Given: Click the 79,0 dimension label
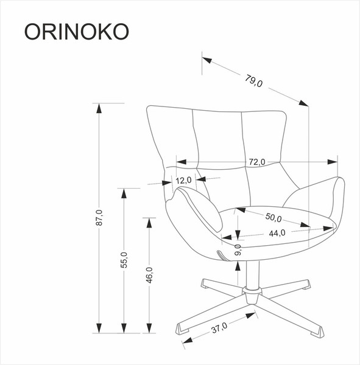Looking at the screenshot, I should tap(254, 80).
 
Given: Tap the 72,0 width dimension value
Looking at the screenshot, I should tap(256, 162).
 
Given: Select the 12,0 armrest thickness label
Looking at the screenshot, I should tap(184, 180).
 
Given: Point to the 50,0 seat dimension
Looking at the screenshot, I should tap(272, 218).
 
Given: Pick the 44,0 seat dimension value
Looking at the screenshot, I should tap(277, 233).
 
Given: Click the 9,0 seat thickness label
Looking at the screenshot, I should tap(239, 249).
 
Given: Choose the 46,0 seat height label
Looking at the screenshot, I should tap(149, 274).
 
